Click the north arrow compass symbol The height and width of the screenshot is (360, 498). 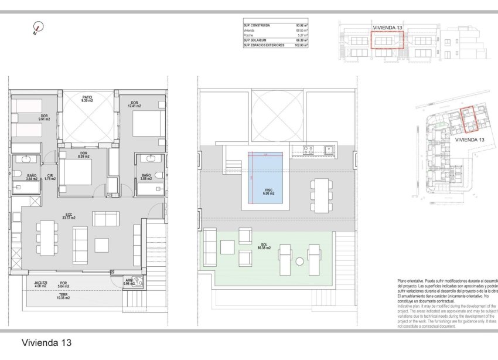pyautogui.click(x=38, y=28)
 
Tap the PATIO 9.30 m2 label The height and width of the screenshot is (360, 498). pyautogui.click(x=87, y=99)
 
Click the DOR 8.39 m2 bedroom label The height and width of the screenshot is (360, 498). pyautogui.click(x=84, y=155)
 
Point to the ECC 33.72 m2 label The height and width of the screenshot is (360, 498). pyautogui.click(x=69, y=216)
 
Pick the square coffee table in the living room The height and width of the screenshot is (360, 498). pyautogui.click(x=103, y=244)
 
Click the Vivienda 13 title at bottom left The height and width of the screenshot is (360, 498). pyautogui.click(x=46, y=342)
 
